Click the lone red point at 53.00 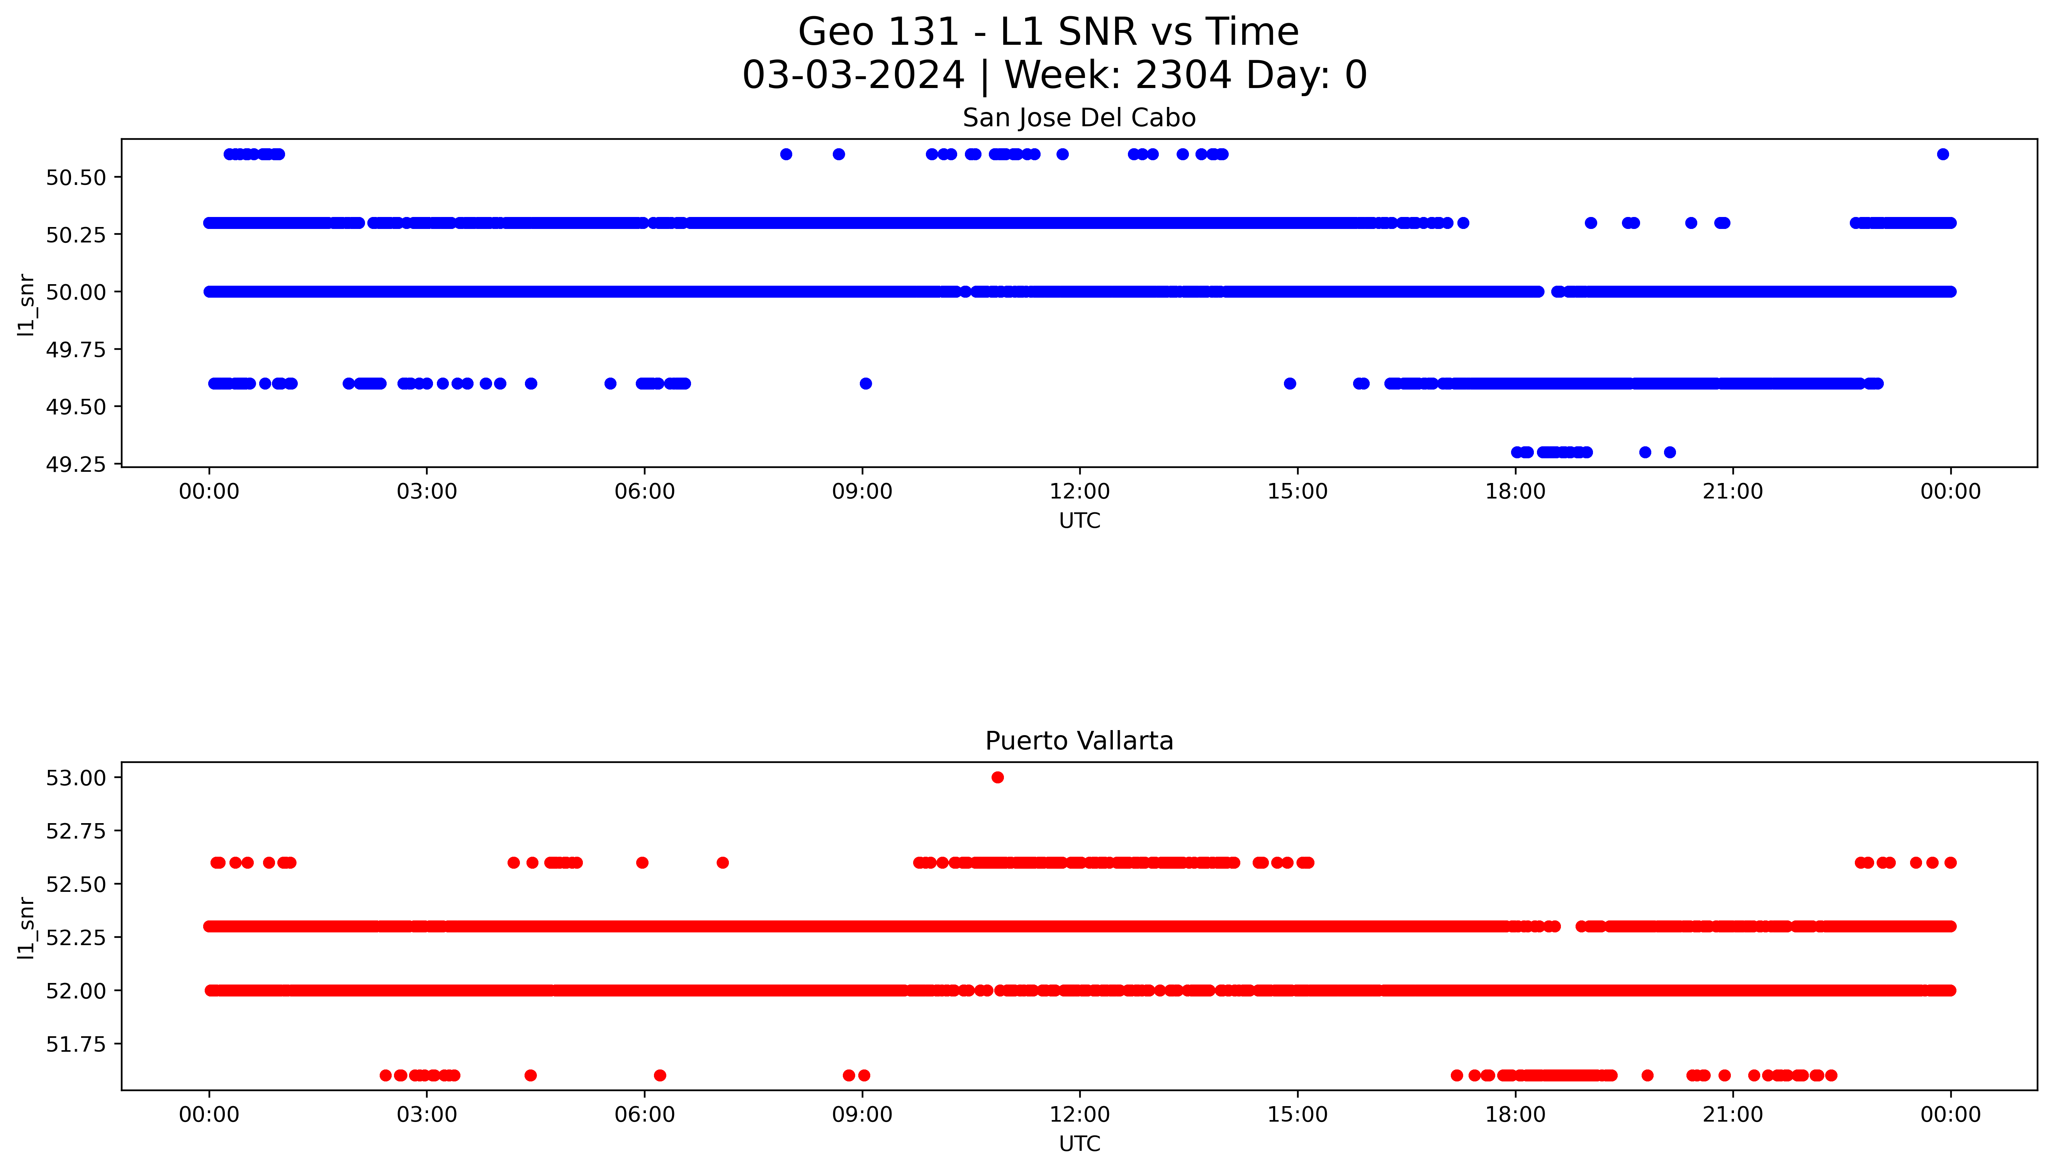click(998, 777)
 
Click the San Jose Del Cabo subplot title click(1079, 118)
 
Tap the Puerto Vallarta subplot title click(1079, 741)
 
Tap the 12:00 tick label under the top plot click(1080, 491)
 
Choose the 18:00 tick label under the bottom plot click(1515, 1115)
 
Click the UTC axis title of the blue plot click(1079, 521)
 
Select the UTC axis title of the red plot click(1079, 1144)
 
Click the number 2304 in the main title click(1183, 76)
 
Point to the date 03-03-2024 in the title click(853, 76)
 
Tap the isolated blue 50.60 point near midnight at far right click(1943, 154)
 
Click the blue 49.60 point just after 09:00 click(866, 384)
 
